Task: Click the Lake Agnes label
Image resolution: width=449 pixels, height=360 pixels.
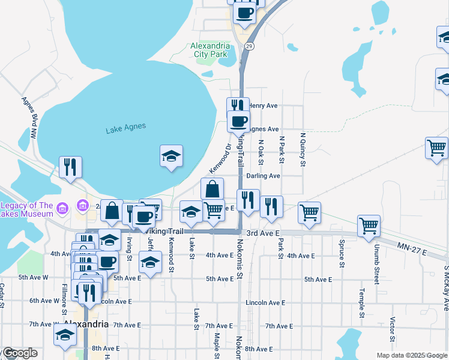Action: (126, 128)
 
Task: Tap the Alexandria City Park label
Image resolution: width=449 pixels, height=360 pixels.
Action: (209, 50)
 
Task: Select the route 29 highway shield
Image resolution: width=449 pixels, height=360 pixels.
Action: (250, 46)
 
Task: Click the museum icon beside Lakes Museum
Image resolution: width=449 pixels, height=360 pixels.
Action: (80, 208)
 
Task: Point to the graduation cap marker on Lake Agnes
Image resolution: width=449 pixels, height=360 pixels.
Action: (171, 157)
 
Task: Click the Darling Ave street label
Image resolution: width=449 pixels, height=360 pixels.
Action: (263, 176)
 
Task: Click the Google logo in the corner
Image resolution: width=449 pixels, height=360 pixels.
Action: (19, 353)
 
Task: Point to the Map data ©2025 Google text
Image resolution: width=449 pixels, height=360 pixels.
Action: (411, 355)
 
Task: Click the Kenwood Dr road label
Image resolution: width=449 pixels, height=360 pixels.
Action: (220, 155)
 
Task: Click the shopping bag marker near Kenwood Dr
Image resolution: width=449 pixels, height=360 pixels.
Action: (212, 189)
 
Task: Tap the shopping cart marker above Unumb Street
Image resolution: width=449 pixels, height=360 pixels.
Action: (369, 226)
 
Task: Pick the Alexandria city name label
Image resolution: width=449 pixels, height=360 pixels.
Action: (86, 324)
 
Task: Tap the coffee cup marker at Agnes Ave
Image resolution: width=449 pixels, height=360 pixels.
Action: (238, 121)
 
